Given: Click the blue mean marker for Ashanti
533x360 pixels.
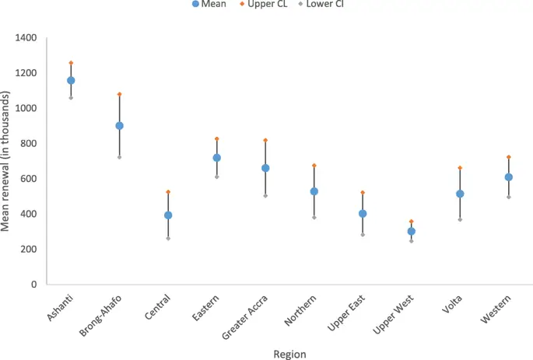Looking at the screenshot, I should pos(71,80).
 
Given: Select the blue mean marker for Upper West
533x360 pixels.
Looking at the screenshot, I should pos(412,231).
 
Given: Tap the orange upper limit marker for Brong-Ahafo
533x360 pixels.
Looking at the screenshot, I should pos(119,94).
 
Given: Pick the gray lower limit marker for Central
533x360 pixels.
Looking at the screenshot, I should pos(168,238).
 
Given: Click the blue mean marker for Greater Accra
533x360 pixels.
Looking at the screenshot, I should pos(265,168).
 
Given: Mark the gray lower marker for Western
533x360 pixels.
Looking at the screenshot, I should pos(509,197).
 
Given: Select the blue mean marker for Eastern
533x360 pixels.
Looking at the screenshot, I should pos(217,158).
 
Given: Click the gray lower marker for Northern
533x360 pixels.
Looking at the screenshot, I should pos(314,217).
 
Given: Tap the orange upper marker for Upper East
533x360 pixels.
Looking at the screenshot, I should pos(363,192).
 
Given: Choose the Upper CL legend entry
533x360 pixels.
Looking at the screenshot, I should pos(262,5).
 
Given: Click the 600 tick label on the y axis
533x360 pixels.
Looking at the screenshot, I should pos(29,179).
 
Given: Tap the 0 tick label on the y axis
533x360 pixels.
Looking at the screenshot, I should pos(33,285).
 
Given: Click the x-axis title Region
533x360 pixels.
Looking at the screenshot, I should pos(289,354).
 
